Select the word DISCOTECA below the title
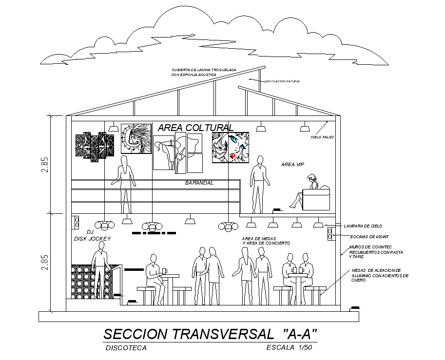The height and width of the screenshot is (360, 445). point(126,348)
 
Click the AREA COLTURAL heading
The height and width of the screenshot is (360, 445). point(192,128)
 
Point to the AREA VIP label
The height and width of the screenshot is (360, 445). point(292,165)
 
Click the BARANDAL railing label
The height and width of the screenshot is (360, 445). point(199,183)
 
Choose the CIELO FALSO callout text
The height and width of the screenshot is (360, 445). point(322,137)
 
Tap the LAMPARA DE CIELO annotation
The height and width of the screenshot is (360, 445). point(363,227)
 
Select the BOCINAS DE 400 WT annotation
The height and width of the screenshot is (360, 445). point(369,237)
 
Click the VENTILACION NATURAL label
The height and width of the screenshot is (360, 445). point(282,81)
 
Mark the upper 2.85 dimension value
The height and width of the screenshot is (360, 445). point(45,165)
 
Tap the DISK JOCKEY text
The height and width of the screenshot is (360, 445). point(93,239)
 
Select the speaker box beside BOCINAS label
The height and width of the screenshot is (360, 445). point(330,233)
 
